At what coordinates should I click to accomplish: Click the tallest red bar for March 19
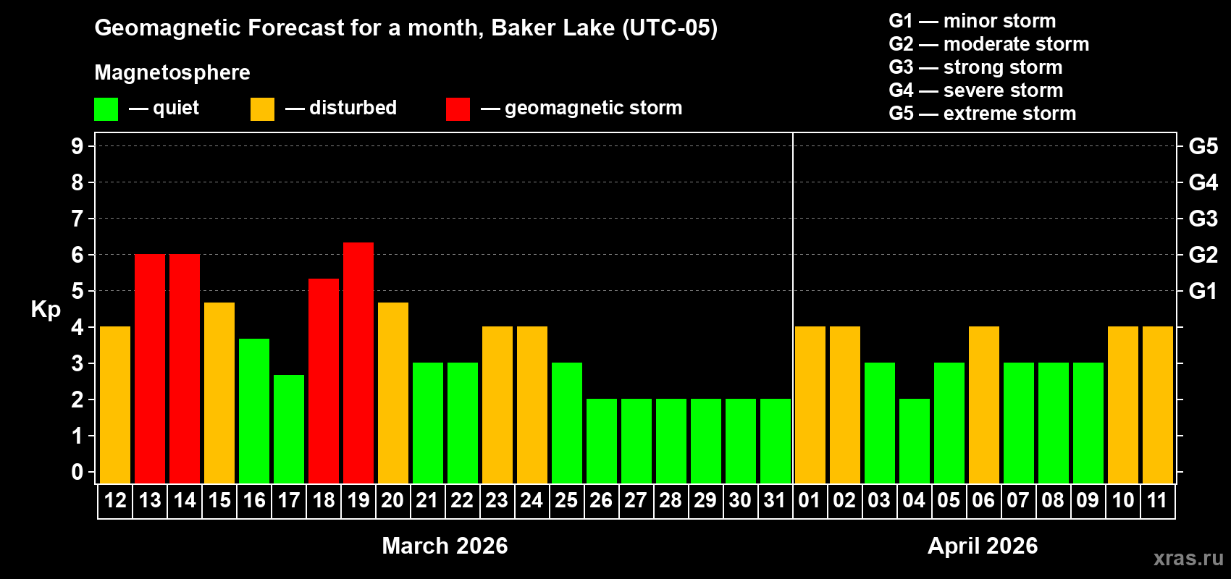[x=358, y=362]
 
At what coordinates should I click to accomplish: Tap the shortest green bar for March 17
[x=289, y=428]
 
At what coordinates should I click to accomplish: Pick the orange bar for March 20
[x=393, y=392]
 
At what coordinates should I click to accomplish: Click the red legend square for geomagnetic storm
[x=458, y=109]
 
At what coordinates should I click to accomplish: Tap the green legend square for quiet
[x=106, y=109]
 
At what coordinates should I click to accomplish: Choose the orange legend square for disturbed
[x=262, y=109]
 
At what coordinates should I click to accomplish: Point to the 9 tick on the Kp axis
[x=77, y=146]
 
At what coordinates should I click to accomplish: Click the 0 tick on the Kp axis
[x=77, y=472]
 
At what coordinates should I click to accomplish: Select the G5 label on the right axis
[x=1203, y=146]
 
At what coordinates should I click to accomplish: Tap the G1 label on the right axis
[x=1203, y=291]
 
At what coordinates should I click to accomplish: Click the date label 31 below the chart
[x=775, y=500]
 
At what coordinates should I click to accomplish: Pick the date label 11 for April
[x=1157, y=500]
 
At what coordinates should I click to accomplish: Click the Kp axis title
[x=46, y=309]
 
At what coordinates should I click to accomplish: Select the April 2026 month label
[x=983, y=546]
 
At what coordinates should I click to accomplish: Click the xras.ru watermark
[x=1188, y=557]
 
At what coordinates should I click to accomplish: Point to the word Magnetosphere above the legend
[x=172, y=72]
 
